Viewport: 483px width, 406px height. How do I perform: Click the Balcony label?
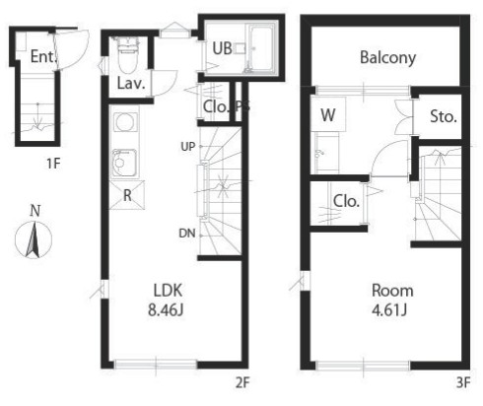387,58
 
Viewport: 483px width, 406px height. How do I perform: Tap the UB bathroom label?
222,48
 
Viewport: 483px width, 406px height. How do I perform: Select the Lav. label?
131,84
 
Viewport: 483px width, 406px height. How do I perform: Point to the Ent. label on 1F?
42,56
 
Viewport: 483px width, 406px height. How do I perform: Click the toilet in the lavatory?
127,55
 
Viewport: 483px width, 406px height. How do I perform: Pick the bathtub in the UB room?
262,48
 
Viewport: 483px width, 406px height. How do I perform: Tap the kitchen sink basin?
124,163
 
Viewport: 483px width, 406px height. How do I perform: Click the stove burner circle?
125,122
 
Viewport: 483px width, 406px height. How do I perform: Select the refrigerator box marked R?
127,195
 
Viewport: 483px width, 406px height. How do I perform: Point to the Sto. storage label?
444,116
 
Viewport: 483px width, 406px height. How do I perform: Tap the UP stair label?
188,147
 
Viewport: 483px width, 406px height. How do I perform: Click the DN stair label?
187,234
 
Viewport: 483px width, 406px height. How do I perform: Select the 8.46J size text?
166,309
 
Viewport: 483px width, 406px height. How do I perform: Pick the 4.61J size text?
389,309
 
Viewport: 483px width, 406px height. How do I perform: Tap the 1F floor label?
53,164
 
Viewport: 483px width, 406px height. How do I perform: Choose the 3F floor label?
463,383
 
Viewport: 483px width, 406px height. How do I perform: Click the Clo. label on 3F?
346,201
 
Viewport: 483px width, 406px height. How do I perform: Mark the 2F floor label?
242,383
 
